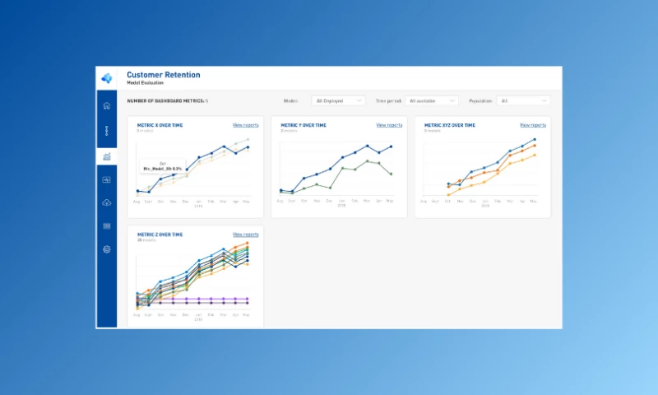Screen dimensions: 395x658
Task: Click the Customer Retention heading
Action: [x=163, y=75]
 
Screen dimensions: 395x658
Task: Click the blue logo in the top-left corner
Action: [x=106, y=78]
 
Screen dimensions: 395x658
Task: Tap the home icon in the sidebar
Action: [x=106, y=105]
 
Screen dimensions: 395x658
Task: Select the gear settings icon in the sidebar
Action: [x=106, y=249]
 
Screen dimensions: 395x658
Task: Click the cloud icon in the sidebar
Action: [x=106, y=202]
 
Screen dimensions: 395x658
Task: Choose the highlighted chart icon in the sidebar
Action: [x=106, y=156]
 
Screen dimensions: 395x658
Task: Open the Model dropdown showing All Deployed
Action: [x=338, y=100]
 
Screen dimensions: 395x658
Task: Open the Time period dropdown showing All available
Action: [x=432, y=100]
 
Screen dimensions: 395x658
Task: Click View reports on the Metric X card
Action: [x=245, y=125]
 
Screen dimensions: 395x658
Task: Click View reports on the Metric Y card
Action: [x=389, y=125]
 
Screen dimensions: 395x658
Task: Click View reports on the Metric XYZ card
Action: [x=532, y=125]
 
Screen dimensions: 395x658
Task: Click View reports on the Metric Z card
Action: [x=245, y=235]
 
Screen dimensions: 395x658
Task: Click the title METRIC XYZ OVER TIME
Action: [x=449, y=125]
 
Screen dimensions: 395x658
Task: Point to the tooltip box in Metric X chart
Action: [x=161, y=166]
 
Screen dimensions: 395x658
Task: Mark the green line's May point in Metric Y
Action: [x=391, y=174]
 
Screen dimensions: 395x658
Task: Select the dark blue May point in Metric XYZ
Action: [x=535, y=140]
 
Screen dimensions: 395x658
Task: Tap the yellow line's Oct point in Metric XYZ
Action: [x=448, y=195]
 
